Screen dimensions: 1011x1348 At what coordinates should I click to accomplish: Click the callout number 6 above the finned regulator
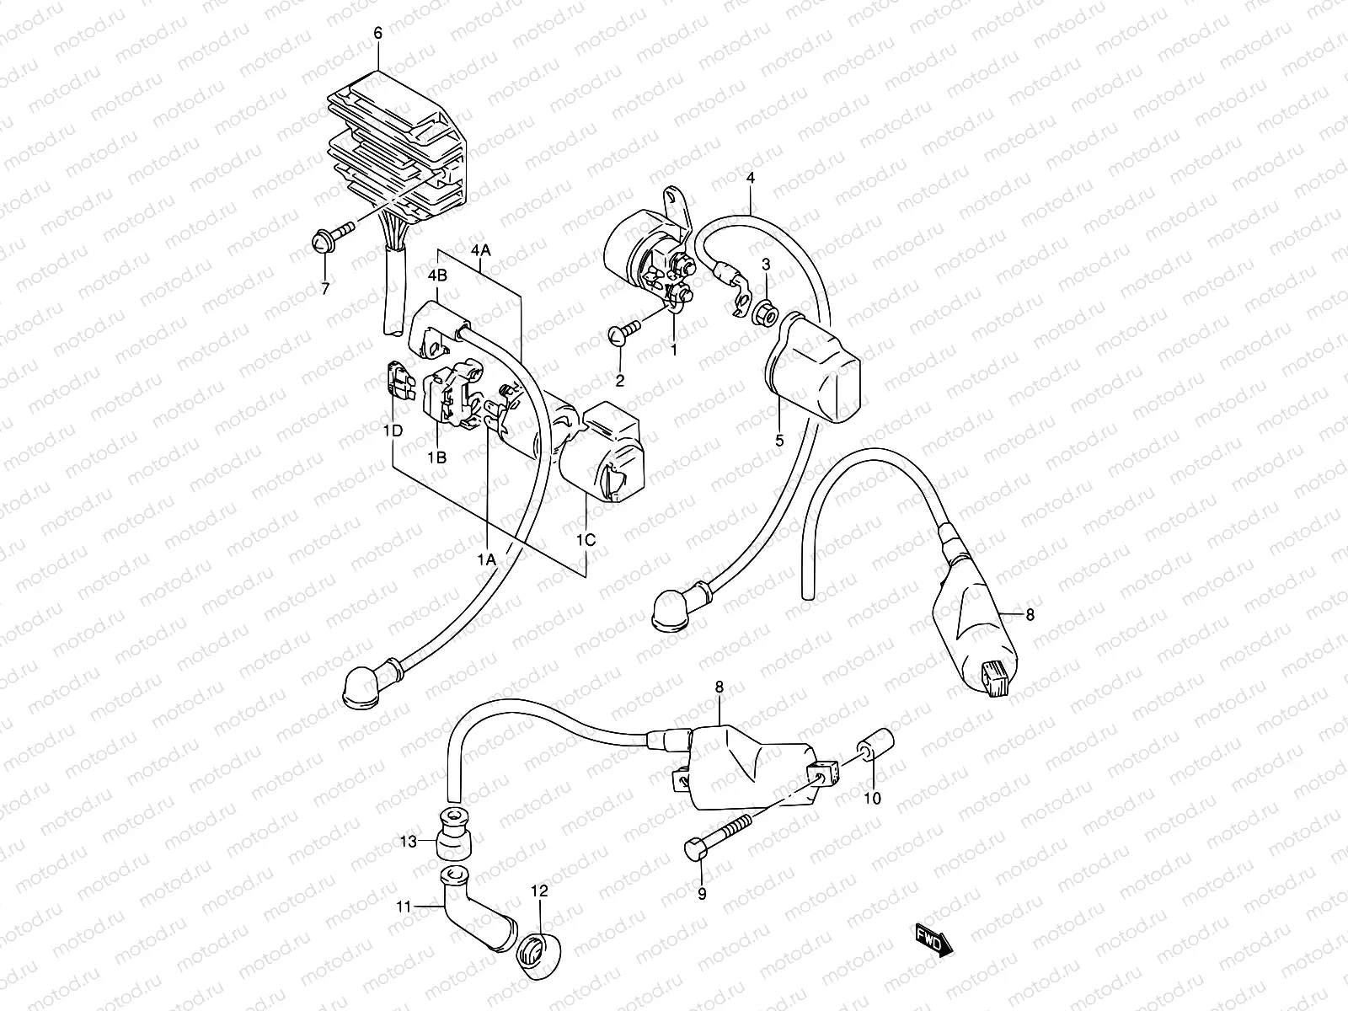[377, 34]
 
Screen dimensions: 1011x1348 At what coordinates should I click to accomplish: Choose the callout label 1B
[436, 457]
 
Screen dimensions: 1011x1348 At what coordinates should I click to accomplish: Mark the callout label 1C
[586, 540]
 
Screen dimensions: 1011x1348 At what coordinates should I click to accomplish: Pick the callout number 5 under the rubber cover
[779, 440]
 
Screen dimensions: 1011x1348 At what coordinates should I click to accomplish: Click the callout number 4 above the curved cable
[750, 179]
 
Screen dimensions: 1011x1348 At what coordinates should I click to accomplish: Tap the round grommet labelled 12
[535, 956]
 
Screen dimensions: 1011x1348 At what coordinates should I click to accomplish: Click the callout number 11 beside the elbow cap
[405, 907]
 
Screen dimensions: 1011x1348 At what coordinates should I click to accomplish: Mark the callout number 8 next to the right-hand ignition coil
[1029, 615]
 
